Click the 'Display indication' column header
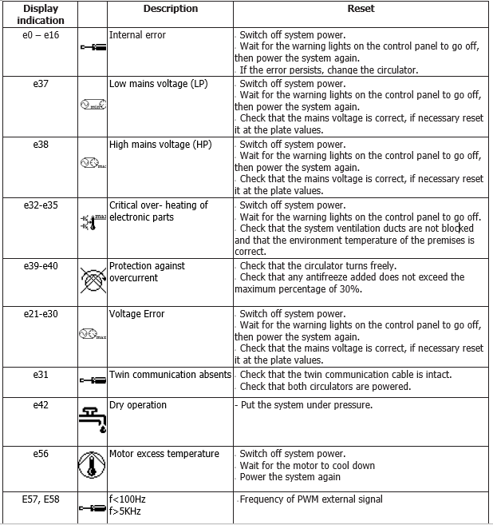[41, 14]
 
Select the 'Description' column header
[171, 9]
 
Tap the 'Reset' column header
[361, 9]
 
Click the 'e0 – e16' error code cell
[41, 35]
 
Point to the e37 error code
[41, 84]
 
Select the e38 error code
[41, 145]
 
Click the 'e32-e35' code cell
[41, 205]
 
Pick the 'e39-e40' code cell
[41, 266]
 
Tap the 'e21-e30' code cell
[41, 314]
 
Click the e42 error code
[41, 405]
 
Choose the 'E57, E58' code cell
[41, 499]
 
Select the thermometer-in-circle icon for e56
[93, 465]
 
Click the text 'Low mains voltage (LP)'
[158, 84]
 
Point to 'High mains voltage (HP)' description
[160, 145]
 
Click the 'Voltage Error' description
[137, 314]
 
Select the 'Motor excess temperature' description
[164, 454]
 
